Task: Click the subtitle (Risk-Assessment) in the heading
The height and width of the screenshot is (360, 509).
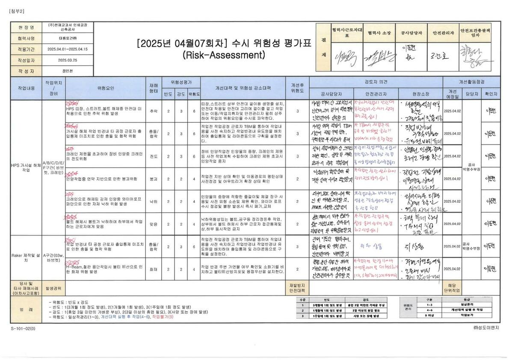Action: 223,55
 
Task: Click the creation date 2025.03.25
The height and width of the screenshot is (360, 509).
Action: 68,60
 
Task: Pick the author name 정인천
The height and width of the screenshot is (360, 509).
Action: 68,71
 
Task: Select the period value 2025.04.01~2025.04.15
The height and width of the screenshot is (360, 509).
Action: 68,50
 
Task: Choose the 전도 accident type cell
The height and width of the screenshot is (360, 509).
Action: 153,156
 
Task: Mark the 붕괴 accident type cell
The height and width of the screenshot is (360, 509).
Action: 153,179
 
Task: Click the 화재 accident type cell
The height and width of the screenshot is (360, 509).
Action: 153,269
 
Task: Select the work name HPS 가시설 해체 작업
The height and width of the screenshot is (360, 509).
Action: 26,168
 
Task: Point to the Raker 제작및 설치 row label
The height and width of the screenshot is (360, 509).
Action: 26,257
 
